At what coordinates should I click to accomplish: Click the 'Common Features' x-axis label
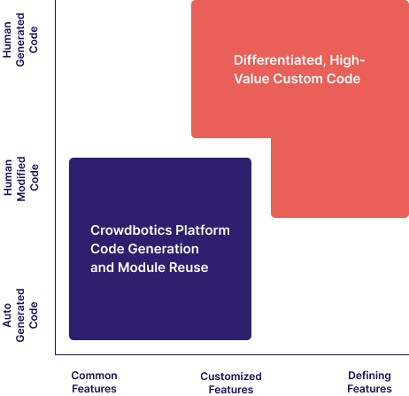pos(94,382)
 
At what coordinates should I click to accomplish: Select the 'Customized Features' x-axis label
pos(231,383)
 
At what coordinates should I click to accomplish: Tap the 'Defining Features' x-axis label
pos(369,382)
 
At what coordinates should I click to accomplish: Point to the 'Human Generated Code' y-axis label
pos(20,40)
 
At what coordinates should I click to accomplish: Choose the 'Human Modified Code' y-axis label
pos(21,179)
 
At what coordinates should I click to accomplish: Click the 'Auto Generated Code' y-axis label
pos(20,315)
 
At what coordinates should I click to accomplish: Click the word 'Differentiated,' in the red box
pos(280,60)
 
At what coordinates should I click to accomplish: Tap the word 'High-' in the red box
pos(347,60)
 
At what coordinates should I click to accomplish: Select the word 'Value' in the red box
pos(251,79)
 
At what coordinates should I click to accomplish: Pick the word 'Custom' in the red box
pos(294,79)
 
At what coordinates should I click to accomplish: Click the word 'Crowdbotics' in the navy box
pos(131,230)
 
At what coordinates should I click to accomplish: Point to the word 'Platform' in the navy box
pos(203,230)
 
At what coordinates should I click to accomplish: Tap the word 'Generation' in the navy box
pos(164,249)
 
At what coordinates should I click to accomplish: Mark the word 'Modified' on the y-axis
pos(21,179)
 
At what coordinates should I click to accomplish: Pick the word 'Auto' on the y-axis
pos(7,315)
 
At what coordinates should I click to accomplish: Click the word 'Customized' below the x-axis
pos(231,377)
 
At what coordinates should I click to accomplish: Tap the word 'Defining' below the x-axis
pos(369,376)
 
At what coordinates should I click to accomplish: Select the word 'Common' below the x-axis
pos(94,376)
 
